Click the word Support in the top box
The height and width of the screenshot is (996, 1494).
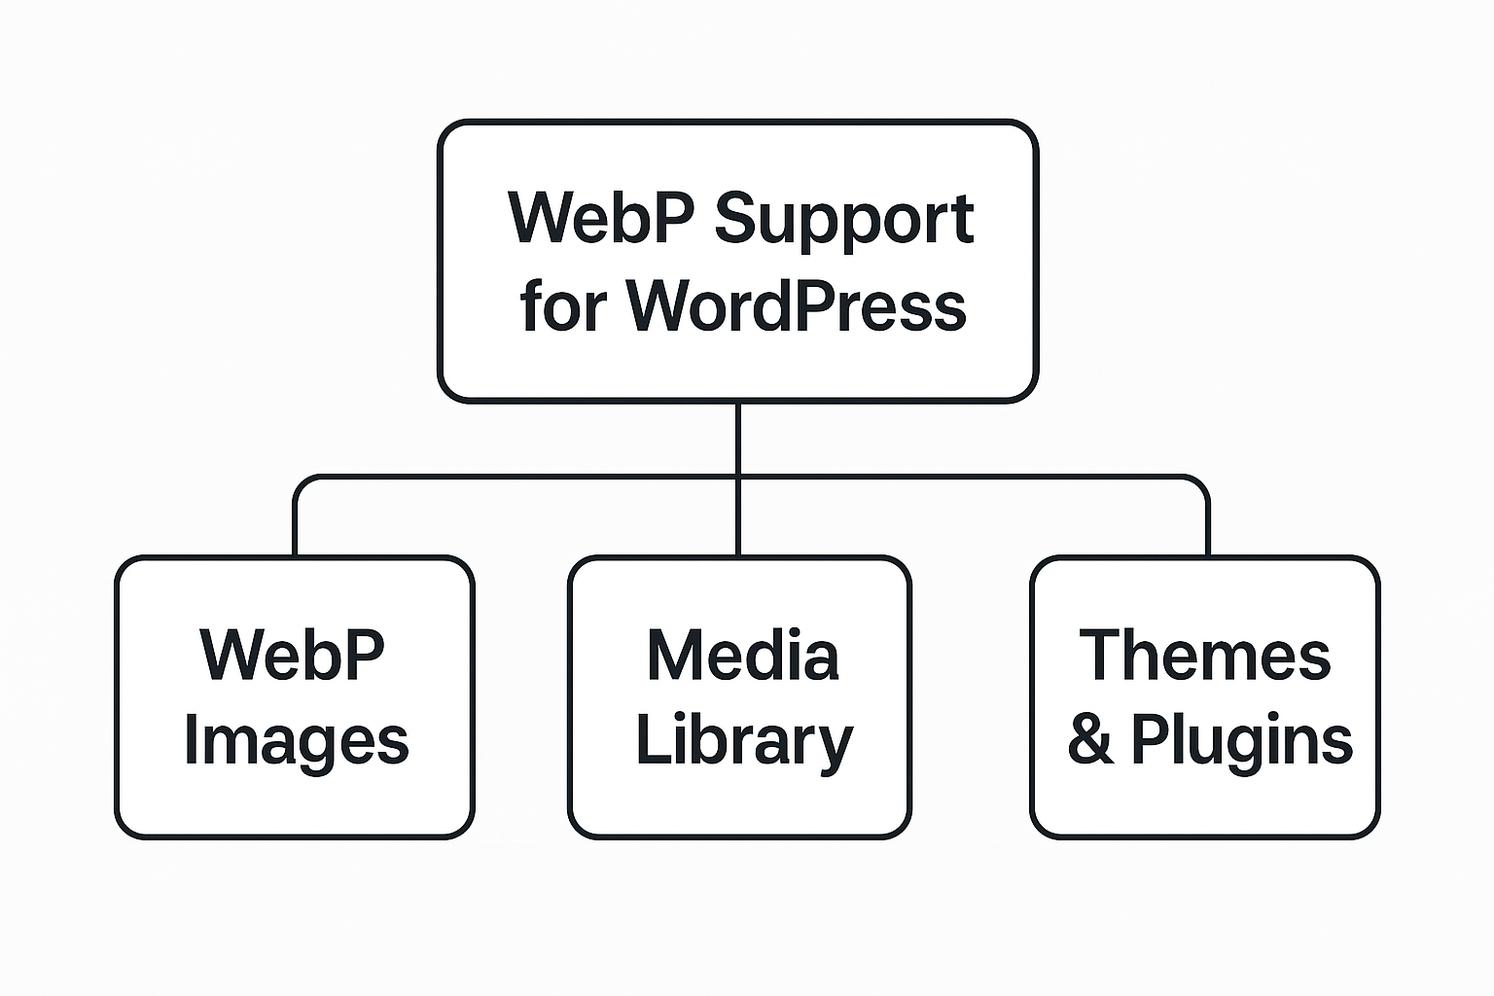(843, 220)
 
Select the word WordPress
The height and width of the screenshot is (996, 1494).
(796, 305)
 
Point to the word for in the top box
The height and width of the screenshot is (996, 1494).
(563, 305)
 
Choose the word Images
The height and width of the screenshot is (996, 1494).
(296, 742)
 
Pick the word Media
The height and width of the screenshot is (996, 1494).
(742, 656)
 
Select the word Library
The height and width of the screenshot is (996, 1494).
(743, 742)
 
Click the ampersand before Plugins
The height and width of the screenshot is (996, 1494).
(1090, 741)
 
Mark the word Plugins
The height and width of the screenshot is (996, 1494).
(1241, 742)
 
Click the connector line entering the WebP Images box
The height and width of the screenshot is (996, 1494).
(295, 530)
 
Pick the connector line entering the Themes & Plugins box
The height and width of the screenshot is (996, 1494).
(1208, 530)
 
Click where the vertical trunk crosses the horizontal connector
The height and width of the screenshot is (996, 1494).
(738, 477)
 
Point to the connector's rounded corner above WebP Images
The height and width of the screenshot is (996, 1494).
(301, 482)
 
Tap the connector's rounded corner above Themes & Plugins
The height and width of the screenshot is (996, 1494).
(1202, 482)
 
